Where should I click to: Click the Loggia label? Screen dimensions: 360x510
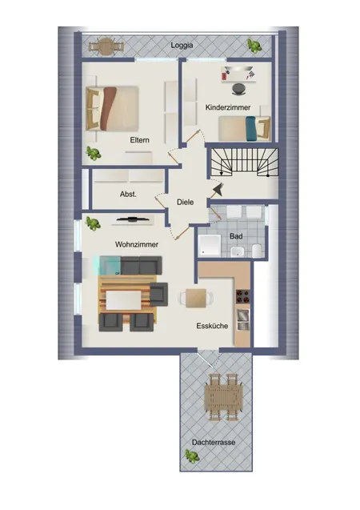[182, 46]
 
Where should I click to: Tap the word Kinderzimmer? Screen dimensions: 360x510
[228, 107]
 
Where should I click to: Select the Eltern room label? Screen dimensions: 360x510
[140, 140]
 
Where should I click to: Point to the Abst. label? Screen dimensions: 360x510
[128, 195]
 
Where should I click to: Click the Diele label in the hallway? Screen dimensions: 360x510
[185, 202]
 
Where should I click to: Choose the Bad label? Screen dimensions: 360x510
[236, 236]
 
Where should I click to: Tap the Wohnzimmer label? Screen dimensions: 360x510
[137, 244]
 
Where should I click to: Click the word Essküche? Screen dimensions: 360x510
[212, 326]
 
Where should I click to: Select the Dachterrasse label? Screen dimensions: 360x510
[214, 442]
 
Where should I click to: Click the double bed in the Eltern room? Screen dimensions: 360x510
[113, 108]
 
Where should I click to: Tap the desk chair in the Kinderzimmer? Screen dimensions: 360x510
[239, 88]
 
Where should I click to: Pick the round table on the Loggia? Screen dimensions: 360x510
[106, 46]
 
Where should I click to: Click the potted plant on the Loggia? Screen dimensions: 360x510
[254, 45]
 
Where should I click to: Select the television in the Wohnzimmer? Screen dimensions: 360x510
[134, 219]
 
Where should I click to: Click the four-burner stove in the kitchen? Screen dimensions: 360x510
[242, 295]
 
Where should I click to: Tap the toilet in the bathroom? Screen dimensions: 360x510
[257, 251]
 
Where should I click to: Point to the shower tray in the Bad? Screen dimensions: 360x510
[210, 245]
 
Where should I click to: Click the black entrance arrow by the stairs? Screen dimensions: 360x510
[218, 189]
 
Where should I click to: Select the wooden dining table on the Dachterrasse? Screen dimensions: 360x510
[223, 397]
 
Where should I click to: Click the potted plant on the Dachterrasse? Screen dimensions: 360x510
[192, 456]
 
